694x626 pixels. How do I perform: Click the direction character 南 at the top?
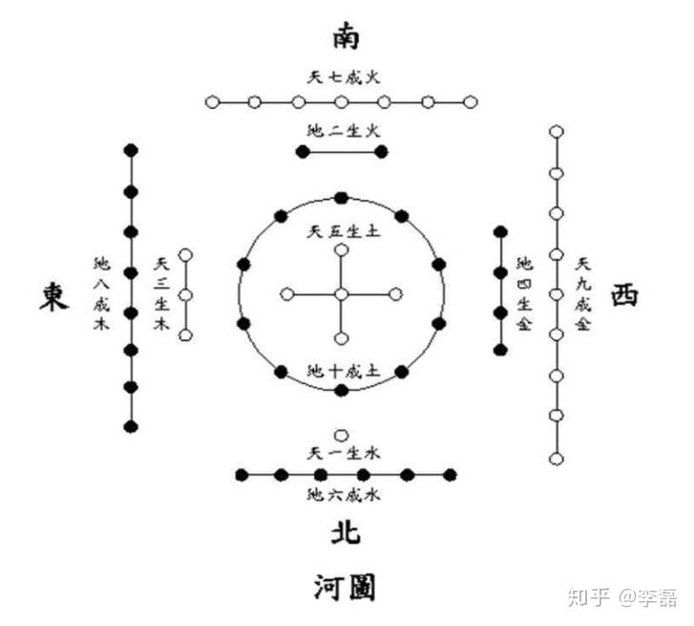[347, 37]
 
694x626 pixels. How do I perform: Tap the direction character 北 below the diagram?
[347, 531]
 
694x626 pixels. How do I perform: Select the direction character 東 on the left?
[53, 295]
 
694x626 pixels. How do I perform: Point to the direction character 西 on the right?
[624, 294]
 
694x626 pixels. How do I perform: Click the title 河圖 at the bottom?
[347, 585]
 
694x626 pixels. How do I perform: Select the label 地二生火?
[342, 130]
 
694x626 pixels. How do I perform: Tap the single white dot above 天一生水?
[342, 434]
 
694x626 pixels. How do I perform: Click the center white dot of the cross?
[342, 294]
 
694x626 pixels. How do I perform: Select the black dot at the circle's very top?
[342, 197]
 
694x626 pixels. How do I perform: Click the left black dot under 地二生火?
[304, 152]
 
